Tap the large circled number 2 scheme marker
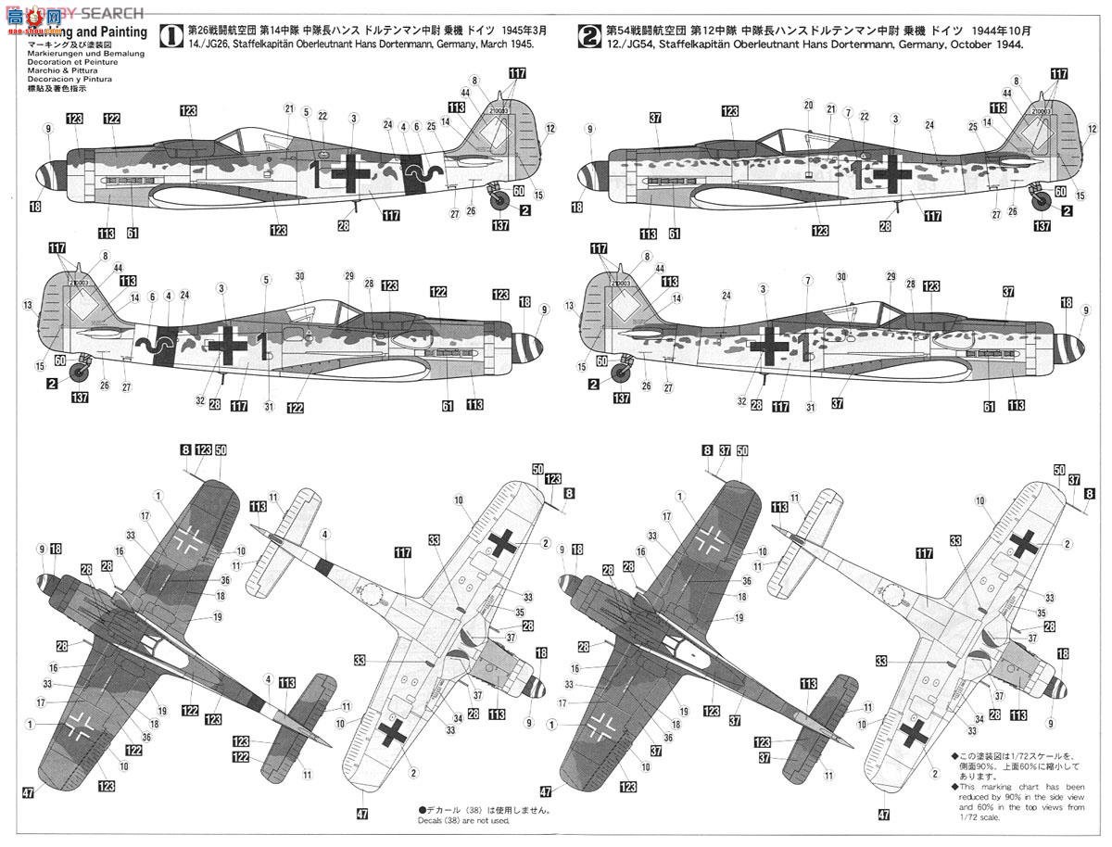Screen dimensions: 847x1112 (x=589, y=36)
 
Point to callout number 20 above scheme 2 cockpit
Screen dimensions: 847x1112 (x=808, y=105)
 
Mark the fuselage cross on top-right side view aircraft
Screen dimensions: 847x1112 (x=892, y=172)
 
